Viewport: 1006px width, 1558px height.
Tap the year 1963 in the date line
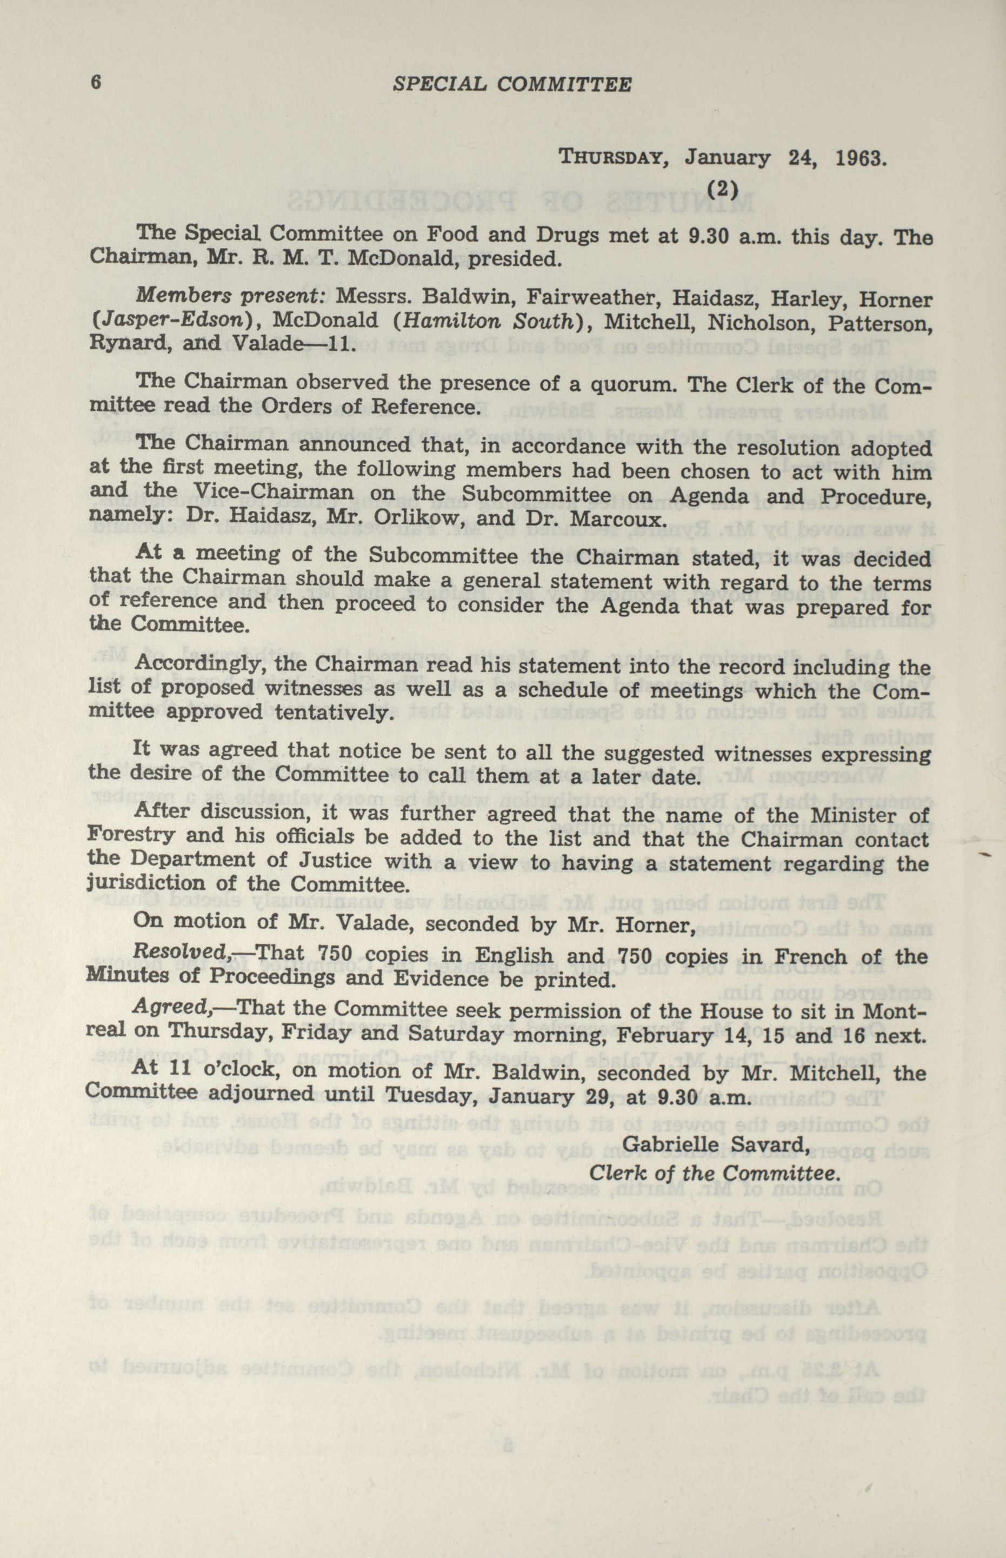tap(861, 159)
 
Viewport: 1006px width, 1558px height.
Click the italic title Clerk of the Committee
tap(714, 1173)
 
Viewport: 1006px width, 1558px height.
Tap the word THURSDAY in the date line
tap(613, 159)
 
